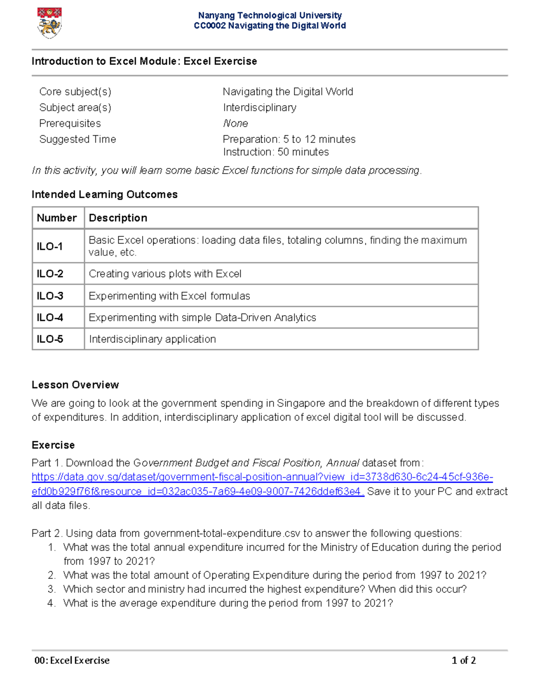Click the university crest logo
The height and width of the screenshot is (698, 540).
pyautogui.click(x=49, y=23)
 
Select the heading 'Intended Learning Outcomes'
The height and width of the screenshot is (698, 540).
pyautogui.click(x=104, y=195)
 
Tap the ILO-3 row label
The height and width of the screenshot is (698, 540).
pyautogui.click(x=50, y=296)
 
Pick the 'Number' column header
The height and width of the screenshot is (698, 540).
pyautogui.click(x=57, y=218)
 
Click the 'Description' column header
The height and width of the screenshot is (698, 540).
pyautogui.click(x=118, y=218)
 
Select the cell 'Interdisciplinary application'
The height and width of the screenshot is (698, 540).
pyautogui.click(x=153, y=339)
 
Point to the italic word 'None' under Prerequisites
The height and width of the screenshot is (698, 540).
pyautogui.click(x=235, y=124)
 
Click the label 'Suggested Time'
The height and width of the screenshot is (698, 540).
pyautogui.click(x=77, y=139)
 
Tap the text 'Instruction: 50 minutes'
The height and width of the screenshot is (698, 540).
pyautogui.click(x=275, y=152)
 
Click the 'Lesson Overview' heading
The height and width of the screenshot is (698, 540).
pyautogui.click(x=75, y=385)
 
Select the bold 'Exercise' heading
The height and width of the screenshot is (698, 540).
pyautogui.click(x=53, y=445)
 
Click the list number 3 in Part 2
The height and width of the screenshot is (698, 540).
pyautogui.click(x=51, y=589)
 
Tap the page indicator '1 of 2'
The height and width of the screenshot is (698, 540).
pyautogui.click(x=463, y=661)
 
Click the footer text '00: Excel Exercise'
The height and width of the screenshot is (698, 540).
pyautogui.click(x=72, y=661)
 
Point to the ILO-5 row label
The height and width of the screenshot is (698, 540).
pyautogui.click(x=50, y=339)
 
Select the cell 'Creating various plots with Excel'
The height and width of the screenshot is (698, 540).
pyautogui.click(x=165, y=274)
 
